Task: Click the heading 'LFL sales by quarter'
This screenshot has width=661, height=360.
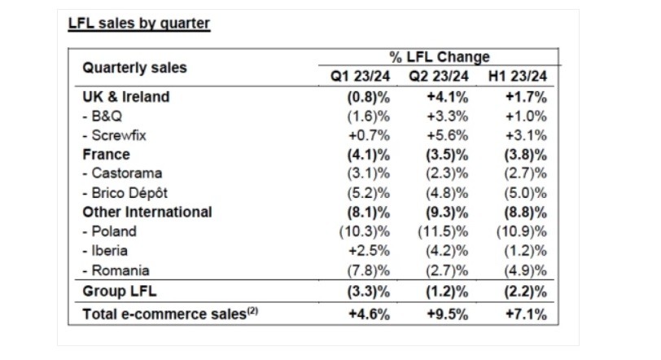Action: coord(139,23)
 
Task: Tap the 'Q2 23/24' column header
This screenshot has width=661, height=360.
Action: coord(438,77)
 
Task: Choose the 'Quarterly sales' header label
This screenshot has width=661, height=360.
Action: coord(134,68)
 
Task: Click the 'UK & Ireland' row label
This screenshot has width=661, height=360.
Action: coord(126,96)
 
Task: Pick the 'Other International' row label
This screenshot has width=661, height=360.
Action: coord(147,212)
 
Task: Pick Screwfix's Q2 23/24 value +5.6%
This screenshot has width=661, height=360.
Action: coord(445,134)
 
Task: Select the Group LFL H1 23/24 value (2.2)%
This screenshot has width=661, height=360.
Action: coord(523,290)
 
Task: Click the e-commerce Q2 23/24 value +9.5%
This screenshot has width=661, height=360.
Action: coord(445,312)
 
